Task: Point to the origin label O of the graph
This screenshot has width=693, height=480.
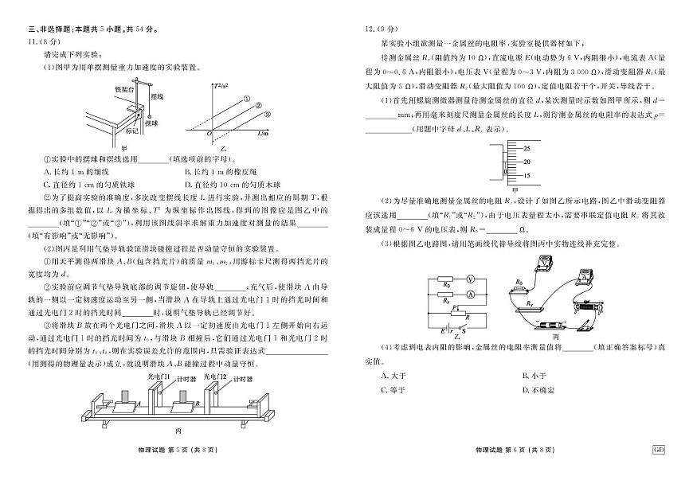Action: point(209,134)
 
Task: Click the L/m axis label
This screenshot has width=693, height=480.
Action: point(262,135)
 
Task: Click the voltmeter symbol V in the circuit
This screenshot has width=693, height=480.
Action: point(471,279)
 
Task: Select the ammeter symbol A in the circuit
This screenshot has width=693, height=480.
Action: point(471,294)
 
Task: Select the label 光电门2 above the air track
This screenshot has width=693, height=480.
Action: point(215,375)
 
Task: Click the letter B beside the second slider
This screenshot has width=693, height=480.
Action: point(196,404)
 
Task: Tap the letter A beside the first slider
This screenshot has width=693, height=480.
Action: point(139,404)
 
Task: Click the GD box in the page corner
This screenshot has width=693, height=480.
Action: point(659,450)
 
